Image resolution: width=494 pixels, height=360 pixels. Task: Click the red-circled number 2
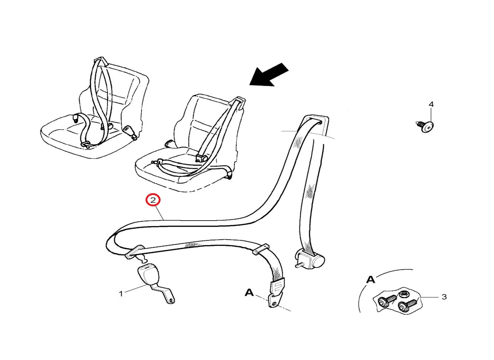click(153, 200)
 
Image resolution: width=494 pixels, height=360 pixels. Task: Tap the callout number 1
click(121, 294)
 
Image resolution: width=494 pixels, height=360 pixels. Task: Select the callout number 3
click(444, 297)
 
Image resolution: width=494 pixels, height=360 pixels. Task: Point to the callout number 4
click(431, 104)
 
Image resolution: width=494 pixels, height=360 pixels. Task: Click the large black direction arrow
click(269, 75)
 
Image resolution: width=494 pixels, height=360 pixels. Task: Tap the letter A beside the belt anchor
click(249, 293)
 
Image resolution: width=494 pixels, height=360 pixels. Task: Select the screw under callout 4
click(425, 127)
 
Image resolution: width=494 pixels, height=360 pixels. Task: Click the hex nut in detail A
click(403, 294)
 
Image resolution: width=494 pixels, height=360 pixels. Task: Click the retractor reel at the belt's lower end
click(310, 260)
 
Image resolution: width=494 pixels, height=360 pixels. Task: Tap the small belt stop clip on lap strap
click(261, 249)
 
